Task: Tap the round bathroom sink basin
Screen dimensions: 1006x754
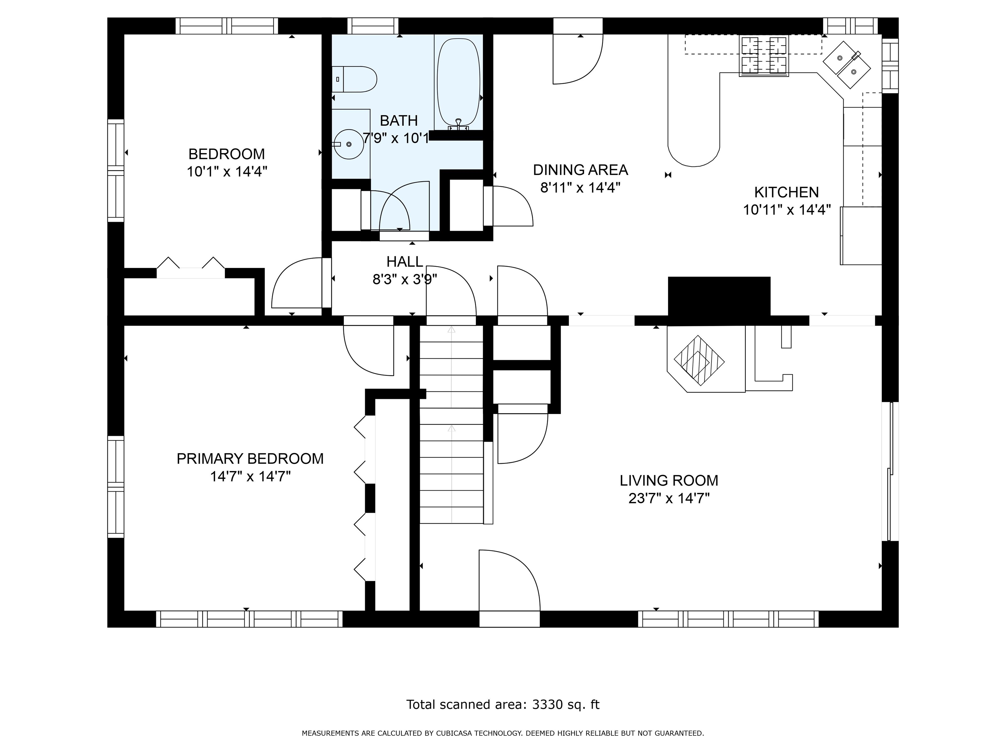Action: pyautogui.click(x=348, y=144)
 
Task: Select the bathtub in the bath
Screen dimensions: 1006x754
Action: pyautogui.click(x=458, y=82)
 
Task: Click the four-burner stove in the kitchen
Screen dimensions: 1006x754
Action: pyautogui.click(x=764, y=55)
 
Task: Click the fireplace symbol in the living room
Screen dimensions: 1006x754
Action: pyautogui.click(x=699, y=360)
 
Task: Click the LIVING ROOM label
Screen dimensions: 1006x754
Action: pyautogui.click(x=669, y=480)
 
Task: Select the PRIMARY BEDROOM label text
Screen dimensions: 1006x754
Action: pyautogui.click(x=250, y=458)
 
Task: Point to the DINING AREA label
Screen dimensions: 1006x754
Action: pyautogui.click(x=580, y=170)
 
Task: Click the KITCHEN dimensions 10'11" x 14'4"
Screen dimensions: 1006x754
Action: pyautogui.click(x=787, y=210)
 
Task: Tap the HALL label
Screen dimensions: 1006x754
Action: pyautogui.click(x=405, y=261)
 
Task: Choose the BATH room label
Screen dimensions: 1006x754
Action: pyautogui.click(x=399, y=120)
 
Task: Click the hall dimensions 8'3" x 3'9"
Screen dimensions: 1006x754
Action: pyautogui.click(x=405, y=279)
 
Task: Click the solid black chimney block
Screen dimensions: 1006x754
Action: pyautogui.click(x=719, y=296)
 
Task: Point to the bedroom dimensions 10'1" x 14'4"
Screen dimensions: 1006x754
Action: pyautogui.click(x=227, y=172)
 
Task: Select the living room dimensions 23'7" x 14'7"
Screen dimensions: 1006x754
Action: pyautogui.click(x=669, y=499)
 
